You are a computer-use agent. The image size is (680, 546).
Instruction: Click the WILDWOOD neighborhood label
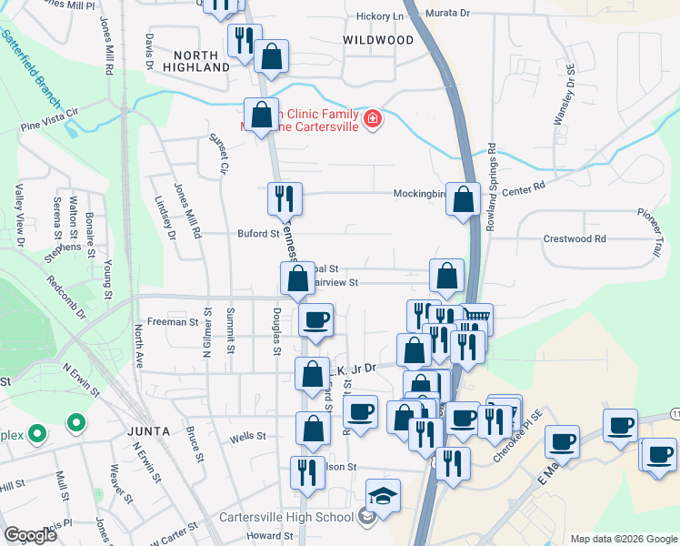click(378, 40)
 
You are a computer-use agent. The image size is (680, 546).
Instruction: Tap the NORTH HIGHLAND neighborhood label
click(197, 61)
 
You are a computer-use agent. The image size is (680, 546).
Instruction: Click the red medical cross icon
click(372, 119)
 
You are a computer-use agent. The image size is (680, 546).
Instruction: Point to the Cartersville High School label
click(286, 518)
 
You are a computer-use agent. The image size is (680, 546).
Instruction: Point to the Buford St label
click(258, 234)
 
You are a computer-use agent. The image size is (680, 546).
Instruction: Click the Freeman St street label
click(173, 322)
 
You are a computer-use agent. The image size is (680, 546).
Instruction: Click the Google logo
click(30, 535)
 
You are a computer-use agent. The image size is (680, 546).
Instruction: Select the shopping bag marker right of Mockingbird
click(463, 199)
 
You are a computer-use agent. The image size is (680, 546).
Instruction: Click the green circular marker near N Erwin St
click(76, 423)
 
